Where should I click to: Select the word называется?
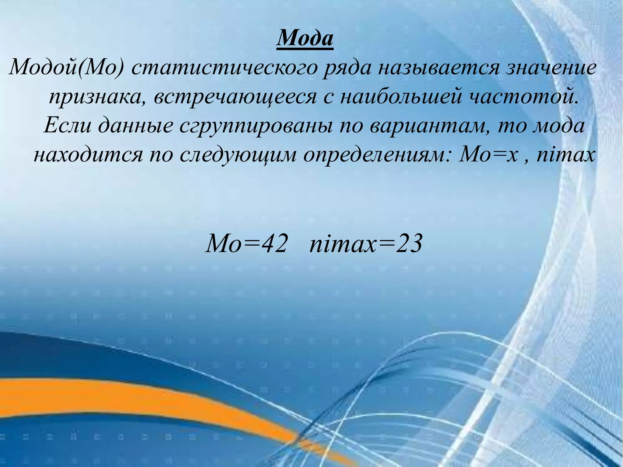tap(438, 68)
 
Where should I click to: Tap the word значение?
tap(551, 68)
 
